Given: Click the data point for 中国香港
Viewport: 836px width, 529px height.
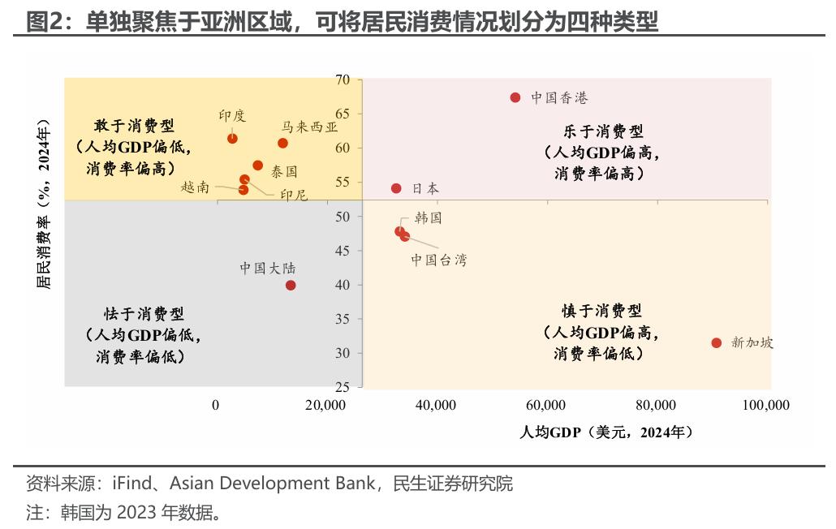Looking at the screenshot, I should point(515,97).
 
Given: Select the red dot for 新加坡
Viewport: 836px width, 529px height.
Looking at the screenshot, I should point(717,343).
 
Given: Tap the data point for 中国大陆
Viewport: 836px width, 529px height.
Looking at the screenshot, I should point(291,285).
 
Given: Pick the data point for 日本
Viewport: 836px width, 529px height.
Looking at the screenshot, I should point(396,188).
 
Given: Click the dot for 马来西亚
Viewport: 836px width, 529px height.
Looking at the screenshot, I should point(282,144).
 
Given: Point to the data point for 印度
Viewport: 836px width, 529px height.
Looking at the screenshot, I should point(233,138).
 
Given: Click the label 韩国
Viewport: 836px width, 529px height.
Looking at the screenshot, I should point(428,218).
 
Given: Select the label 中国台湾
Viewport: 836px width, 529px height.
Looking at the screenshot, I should point(438,260).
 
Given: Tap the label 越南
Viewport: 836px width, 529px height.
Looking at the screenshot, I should point(195,187).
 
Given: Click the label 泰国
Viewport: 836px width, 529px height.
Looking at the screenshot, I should point(284,171).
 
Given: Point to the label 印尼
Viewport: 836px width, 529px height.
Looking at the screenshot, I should point(294,195).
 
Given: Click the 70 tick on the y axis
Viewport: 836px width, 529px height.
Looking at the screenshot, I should point(342,80).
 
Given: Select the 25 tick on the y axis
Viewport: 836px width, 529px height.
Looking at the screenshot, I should point(342,387).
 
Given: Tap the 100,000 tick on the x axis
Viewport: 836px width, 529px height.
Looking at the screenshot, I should point(765,405).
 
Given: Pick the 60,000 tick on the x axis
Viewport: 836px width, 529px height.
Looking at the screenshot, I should point(545,405).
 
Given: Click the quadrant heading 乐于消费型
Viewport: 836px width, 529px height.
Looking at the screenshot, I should point(603,131).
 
